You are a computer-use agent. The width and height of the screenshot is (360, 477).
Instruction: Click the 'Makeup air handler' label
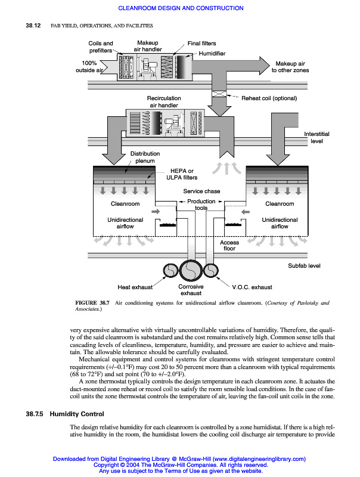click(x=147, y=47)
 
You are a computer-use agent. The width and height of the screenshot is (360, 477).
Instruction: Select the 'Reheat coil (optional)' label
click(x=269, y=98)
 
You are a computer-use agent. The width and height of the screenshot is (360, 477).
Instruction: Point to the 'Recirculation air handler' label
click(x=164, y=101)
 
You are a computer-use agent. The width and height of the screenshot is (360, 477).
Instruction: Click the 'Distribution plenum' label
click(x=145, y=157)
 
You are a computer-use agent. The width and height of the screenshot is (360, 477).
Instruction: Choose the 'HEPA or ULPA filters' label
click(x=182, y=174)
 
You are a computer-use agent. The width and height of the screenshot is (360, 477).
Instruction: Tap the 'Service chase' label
click(x=201, y=191)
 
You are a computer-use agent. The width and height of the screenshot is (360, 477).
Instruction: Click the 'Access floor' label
click(x=229, y=246)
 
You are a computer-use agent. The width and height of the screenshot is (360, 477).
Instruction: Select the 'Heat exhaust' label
click(x=135, y=287)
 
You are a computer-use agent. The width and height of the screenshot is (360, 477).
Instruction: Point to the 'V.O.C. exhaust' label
click(x=252, y=287)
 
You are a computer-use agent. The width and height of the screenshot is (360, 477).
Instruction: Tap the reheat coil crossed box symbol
click(x=219, y=94)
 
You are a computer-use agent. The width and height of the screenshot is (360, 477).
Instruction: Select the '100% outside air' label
click(x=89, y=67)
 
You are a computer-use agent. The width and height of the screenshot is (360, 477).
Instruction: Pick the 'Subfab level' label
click(x=305, y=265)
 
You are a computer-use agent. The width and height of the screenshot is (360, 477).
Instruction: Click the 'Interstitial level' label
click(x=316, y=138)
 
